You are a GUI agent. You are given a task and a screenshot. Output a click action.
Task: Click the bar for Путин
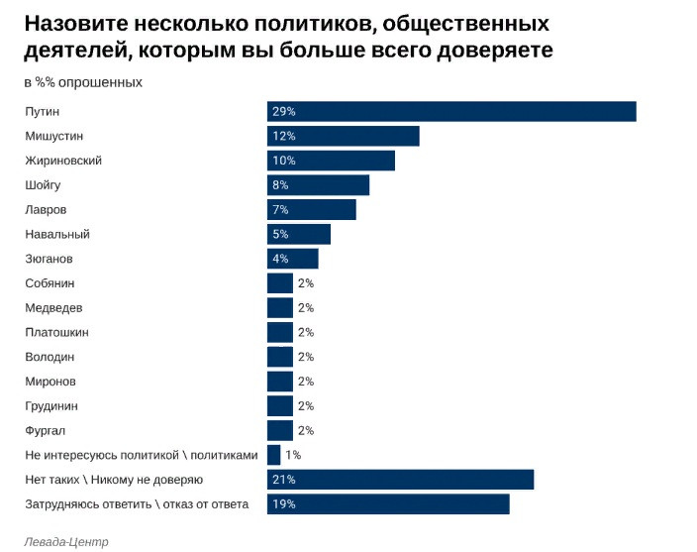[451, 111]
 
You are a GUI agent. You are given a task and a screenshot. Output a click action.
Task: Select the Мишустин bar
[343, 136]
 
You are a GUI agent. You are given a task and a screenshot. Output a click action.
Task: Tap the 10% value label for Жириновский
[284, 161]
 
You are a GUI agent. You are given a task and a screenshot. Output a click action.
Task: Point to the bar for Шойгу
[318, 185]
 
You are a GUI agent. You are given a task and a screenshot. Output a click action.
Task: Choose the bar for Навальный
[298, 234]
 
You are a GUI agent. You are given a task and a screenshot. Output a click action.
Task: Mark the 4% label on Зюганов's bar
[280, 259]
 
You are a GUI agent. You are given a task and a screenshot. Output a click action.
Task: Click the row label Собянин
[50, 283]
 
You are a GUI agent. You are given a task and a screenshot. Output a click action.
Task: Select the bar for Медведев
[280, 308]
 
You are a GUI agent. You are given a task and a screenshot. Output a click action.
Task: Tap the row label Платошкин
[54, 332]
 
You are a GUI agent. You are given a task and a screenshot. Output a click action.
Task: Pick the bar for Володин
[280, 357]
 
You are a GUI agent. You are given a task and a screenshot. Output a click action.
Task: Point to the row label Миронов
[50, 382]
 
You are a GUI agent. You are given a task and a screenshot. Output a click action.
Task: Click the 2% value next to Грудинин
[305, 406]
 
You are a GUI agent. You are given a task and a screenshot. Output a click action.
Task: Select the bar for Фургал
[280, 430]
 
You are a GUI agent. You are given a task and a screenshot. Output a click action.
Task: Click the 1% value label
[293, 455]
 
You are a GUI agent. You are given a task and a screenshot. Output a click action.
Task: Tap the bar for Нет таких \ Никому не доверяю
[400, 480]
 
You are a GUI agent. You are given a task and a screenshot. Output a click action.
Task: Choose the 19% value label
[284, 504]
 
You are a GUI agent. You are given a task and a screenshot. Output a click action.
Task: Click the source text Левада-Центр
[66, 542]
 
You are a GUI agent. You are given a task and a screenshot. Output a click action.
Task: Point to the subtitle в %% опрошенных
[83, 82]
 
